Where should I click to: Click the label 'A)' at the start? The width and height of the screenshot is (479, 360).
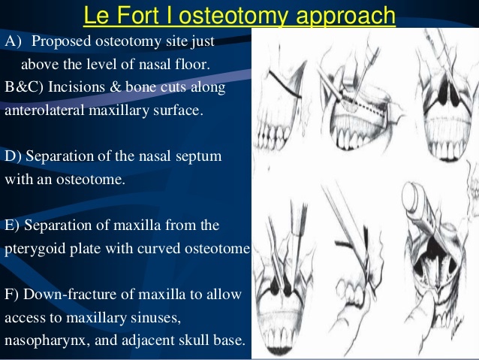point(14,41)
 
